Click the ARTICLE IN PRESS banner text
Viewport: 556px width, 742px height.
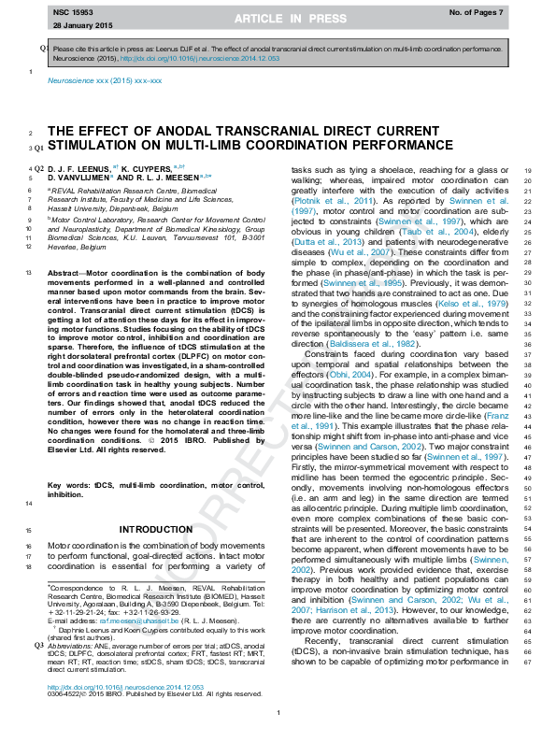coord(278,19)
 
